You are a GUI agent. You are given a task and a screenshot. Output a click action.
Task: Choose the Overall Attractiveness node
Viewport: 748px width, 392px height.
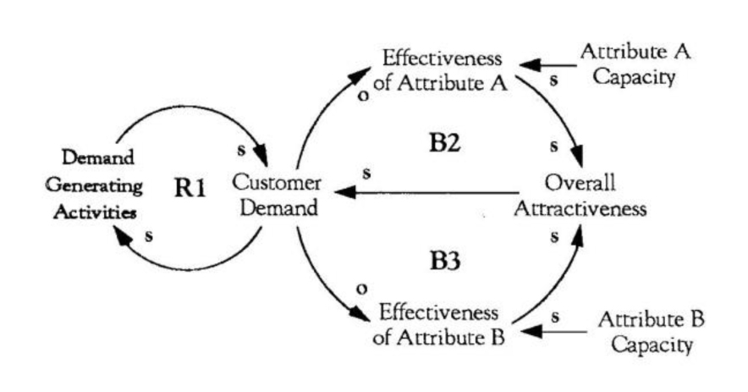580,195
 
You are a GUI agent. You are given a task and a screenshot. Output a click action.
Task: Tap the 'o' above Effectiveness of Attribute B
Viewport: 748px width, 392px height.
362,288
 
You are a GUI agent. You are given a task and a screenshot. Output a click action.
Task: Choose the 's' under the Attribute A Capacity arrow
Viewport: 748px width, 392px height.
554,82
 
